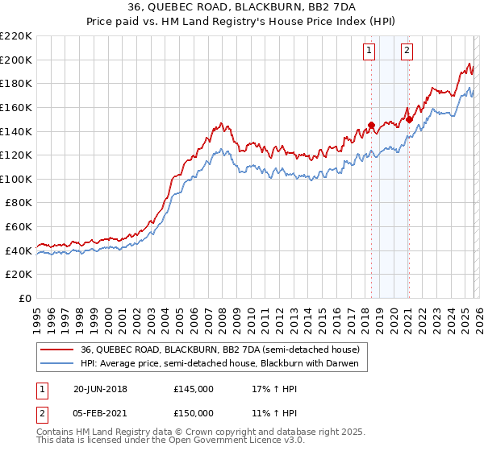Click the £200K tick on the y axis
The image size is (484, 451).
(16, 60)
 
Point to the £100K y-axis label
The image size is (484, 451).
(16, 180)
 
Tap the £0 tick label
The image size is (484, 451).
(24, 299)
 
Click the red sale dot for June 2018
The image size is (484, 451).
(371, 126)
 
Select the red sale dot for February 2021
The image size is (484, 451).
(409, 119)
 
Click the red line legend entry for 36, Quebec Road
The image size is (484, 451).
(224, 349)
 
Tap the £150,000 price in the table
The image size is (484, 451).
(194, 412)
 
